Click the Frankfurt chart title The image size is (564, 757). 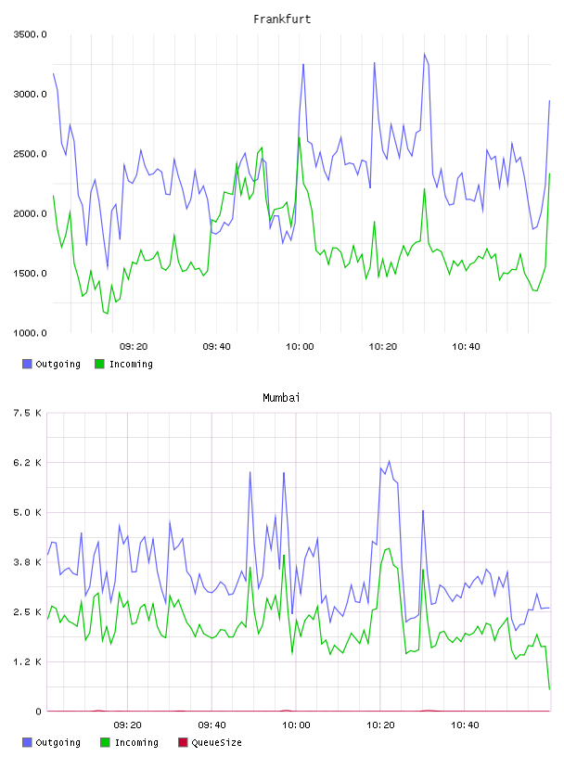coord(282,19)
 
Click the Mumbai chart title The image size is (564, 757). coord(281,398)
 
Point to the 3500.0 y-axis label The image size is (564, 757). coord(30,34)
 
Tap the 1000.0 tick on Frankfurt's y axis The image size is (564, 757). coord(30,333)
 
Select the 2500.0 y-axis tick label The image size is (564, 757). coord(30,154)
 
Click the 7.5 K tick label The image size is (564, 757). coord(28,413)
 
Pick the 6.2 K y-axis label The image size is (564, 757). coord(28,463)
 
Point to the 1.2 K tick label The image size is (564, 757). coord(28,661)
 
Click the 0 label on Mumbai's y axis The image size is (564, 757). coord(39,712)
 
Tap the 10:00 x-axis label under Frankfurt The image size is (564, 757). coord(300,347)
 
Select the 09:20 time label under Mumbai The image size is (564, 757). coord(128,725)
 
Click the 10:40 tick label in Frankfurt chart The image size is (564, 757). coord(466,347)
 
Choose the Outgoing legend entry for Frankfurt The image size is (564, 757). coord(51,364)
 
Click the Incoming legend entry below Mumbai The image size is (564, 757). coord(130,742)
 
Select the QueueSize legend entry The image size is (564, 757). coord(210,742)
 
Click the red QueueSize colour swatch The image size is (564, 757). coord(183,742)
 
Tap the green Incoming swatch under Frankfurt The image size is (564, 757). coord(99,364)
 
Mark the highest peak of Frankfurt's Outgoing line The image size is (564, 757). coord(425,54)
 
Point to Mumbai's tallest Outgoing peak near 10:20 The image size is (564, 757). coord(390,461)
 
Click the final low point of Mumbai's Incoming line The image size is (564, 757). coord(549,689)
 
